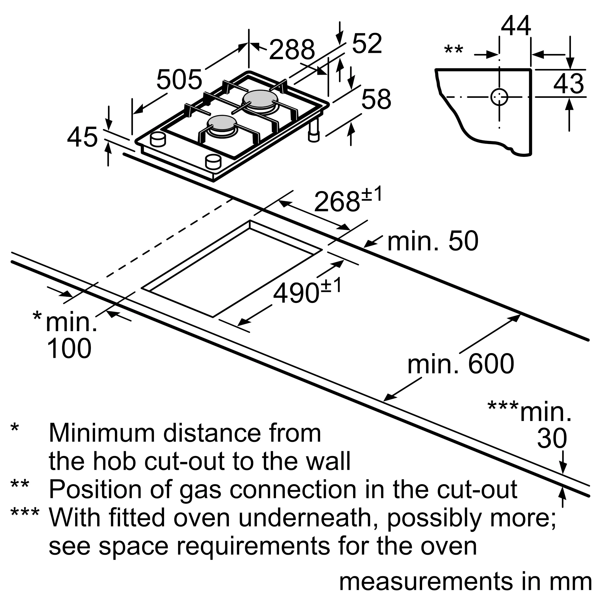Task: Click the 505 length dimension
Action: (179, 80)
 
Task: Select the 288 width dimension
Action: (292, 50)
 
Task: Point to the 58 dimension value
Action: (376, 99)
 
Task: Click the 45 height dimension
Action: (82, 137)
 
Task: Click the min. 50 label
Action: (433, 241)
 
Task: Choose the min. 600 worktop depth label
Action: (460, 364)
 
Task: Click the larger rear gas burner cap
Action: (260, 98)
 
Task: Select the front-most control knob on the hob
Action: (213, 161)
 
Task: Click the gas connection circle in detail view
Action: (499, 97)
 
